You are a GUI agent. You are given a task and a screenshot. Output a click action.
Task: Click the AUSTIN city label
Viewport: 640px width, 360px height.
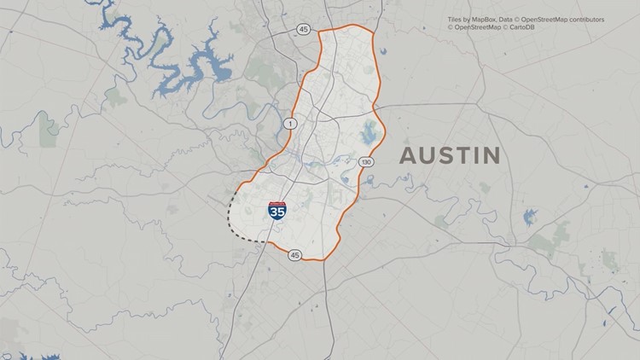click(450, 155)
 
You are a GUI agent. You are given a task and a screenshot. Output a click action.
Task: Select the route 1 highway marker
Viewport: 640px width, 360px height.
click(290, 125)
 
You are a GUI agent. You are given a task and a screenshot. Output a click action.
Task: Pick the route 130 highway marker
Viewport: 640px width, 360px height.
click(366, 162)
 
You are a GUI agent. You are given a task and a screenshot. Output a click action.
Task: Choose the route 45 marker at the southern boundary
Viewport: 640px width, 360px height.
click(294, 255)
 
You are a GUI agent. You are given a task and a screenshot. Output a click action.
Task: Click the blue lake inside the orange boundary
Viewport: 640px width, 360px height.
click(369, 133)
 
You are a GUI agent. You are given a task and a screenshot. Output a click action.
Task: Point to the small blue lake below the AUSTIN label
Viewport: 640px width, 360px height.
click(531, 217)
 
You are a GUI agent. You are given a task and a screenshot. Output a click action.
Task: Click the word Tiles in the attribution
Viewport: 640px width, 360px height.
click(456, 18)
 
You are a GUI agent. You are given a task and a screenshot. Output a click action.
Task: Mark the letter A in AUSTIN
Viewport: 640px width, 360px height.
click(408, 155)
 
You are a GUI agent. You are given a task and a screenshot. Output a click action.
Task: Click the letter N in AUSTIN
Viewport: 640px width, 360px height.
click(490, 155)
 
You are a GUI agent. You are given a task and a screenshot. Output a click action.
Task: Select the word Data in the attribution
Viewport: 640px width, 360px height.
click(510, 18)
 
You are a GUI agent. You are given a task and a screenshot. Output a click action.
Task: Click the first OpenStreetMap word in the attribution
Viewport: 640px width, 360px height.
click(546, 18)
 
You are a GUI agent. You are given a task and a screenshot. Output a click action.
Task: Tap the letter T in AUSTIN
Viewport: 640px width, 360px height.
click(460, 155)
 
